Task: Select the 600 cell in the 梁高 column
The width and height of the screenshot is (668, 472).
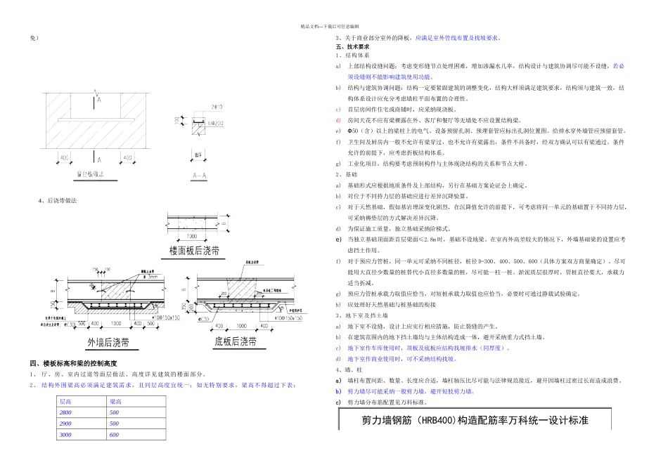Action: (x=114, y=435)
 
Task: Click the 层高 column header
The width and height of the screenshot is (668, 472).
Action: (x=66, y=401)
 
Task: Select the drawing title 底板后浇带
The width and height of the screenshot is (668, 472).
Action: (x=235, y=341)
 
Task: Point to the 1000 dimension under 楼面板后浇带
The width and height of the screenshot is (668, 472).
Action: (x=191, y=236)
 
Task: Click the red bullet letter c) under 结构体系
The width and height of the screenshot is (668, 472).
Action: (x=338, y=109)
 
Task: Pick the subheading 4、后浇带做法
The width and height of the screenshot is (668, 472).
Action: (x=58, y=200)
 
